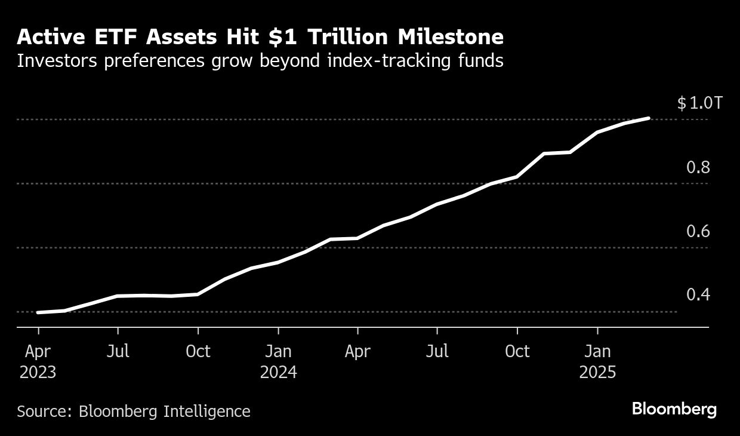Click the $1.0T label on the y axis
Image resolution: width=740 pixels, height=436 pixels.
pos(699,103)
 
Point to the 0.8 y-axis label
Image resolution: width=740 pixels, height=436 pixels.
pos(698,167)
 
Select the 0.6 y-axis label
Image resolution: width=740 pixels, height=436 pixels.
pos(698,231)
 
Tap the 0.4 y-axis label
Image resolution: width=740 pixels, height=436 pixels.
pos(698,295)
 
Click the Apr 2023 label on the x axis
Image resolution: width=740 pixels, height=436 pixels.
pos(38,361)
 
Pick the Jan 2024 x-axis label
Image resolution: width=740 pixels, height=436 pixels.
pos(278,361)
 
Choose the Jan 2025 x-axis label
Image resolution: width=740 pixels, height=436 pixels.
pos(597,361)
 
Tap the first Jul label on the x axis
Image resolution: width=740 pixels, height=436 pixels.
pos(118,351)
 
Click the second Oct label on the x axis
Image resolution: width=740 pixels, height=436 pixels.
pos(517,351)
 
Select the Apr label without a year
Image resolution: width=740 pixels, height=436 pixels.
pos(357,351)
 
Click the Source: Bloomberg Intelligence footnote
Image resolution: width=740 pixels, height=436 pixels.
pos(134,411)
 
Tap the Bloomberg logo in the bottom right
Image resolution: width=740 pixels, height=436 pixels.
pos(674,410)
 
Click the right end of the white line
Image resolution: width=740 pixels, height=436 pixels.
pos(649,118)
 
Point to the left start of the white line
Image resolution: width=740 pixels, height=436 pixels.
pos(38,312)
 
